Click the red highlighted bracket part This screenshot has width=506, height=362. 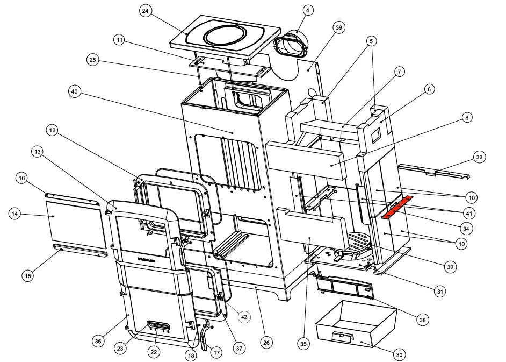398,207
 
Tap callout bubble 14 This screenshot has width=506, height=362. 17,215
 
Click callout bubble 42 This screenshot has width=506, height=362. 244,317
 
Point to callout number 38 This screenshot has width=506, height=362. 423,320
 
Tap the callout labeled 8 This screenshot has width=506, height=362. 466,118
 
